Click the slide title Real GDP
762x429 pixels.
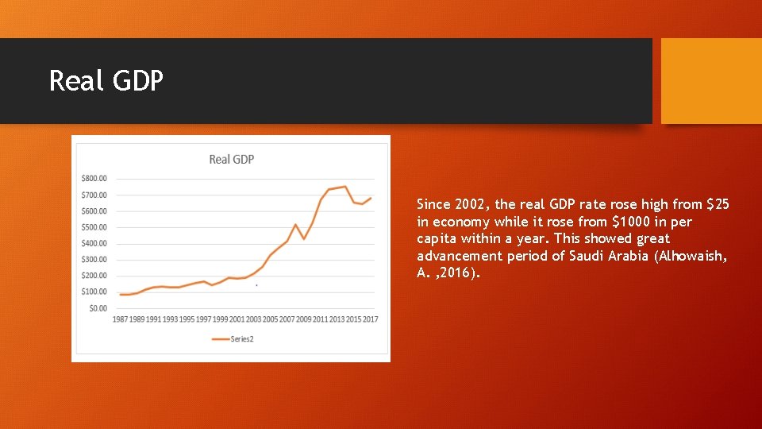coord(106,81)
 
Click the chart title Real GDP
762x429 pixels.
coord(231,159)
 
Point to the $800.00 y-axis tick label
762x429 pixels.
coord(94,179)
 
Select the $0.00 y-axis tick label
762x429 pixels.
coord(98,307)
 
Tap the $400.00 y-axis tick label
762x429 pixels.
coord(94,243)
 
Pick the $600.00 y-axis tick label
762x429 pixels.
coord(94,211)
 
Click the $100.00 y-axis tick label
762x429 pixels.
coord(94,292)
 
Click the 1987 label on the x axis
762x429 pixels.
coord(120,319)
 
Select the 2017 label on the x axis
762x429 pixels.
coord(370,319)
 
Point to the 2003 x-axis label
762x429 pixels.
coord(253,319)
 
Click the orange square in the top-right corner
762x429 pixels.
coord(711,81)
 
